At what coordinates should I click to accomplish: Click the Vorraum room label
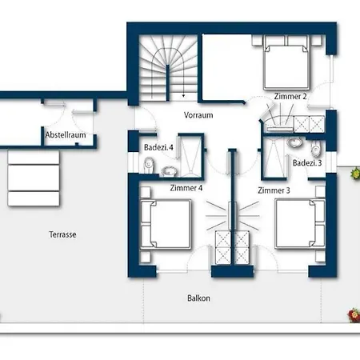(x=198, y=115)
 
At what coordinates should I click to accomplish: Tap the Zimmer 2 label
(x=290, y=96)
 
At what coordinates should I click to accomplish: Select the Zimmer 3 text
(x=274, y=190)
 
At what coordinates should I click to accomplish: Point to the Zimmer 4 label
(x=186, y=188)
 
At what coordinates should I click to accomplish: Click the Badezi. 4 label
(x=158, y=147)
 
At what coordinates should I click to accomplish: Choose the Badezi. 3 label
(x=307, y=162)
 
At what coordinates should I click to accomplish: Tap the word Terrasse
(x=62, y=234)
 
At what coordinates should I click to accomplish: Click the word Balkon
(x=198, y=298)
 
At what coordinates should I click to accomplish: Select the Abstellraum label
(x=66, y=134)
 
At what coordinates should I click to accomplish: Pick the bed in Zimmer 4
(x=166, y=224)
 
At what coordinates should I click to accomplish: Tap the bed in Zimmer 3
(x=300, y=223)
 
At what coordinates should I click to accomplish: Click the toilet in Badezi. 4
(x=149, y=164)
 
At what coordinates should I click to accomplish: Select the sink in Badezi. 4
(x=169, y=171)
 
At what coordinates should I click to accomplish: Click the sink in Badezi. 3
(x=294, y=142)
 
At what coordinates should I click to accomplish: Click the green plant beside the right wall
(x=355, y=173)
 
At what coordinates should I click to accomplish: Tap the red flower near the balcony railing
(x=354, y=315)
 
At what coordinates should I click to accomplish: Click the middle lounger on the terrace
(x=34, y=178)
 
